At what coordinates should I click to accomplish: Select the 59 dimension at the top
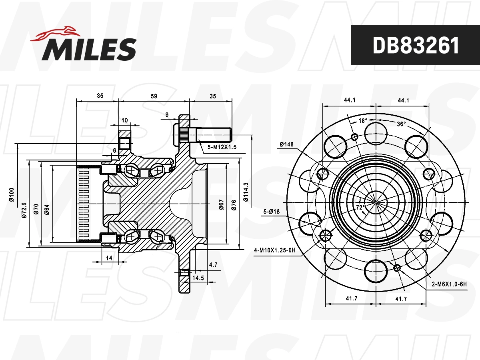(x=154, y=96)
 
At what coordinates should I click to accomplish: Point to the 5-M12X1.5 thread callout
(x=222, y=147)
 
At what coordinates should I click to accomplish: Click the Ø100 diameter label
(x=12, y=194)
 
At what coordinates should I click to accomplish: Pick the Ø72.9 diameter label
(x=24, y=210)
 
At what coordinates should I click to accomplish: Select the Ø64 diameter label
(x=47, y=210)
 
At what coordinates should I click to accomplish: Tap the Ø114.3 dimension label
(x=246, y=192)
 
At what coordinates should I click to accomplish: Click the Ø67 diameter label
(x=221, y=204)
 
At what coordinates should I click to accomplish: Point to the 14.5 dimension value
(x=198, y=278)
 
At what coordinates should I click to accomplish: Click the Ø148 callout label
(x=286, y=144)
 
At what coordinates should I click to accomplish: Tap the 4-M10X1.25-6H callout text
(x=274, y=251)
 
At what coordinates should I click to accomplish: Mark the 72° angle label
(x=360, y=207)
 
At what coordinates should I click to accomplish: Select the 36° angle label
(x=401, y=124)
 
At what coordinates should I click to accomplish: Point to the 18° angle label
(x=362, y=120)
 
